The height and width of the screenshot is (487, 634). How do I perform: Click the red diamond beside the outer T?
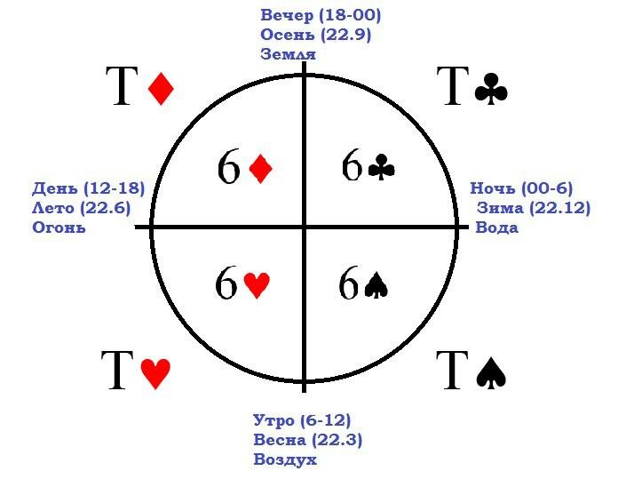(161, 89)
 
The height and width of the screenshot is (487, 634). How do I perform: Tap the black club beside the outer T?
(491, 89)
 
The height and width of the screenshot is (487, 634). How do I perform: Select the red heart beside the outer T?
(155, 373)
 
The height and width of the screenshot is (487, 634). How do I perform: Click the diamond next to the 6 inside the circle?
(261, 168)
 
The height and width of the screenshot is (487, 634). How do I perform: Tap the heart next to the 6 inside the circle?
(257, 285)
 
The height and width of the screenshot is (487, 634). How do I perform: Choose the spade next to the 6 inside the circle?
(376, 285)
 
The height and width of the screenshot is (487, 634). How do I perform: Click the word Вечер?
(287, 15)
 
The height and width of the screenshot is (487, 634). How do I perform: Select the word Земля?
(288, 54)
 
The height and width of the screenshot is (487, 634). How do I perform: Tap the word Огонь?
(59, 228)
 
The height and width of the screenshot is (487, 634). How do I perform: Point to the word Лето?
(53, 208)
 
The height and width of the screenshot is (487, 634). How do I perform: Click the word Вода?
(496, 228)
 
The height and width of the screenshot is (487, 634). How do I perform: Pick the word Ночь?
(493, 188)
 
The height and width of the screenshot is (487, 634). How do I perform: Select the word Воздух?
(285, 459)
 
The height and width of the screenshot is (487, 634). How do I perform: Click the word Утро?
(274, 420)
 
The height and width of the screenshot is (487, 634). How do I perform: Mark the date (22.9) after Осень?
(345, 35)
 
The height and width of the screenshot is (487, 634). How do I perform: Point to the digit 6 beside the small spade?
(349, 283)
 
